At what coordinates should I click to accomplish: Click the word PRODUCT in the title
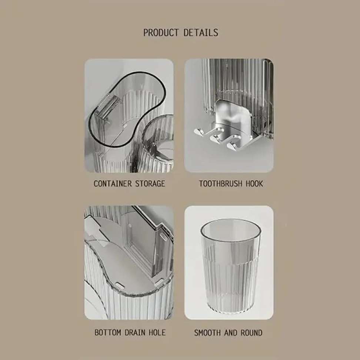[x=161, y=33]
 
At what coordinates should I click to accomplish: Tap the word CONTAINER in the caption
[x=113, y=184]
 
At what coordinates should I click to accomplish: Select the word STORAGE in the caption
[x=150, y=184]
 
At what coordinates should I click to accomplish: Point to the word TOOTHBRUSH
[x=221, y=184]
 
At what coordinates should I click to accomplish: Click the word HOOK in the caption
[x=254, y=184]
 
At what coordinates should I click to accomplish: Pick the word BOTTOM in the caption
[x=108, y=333]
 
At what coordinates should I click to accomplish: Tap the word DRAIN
[x=135, y=333]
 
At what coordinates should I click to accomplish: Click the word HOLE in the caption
[x=157, y=333]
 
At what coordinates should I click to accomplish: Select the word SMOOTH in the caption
[x=208, y=333]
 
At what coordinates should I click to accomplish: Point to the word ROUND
[x=251, y=333]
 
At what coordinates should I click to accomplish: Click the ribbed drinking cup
[x=231, y=266]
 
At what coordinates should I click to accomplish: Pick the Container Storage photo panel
[x=129, y=116]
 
